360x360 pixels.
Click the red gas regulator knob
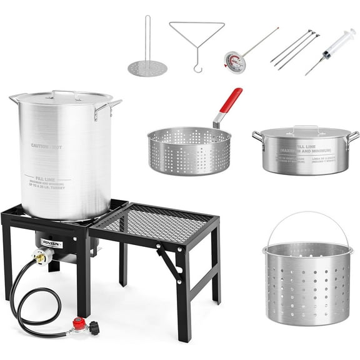pyautogui.click(x=78, y=324)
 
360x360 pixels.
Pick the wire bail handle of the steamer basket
pyautogui.click(x=306, y=219)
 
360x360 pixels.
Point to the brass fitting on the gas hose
pyautogui.click(x=42, y=255)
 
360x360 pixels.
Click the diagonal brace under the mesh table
pyautogui.click(x=170, y=262)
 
